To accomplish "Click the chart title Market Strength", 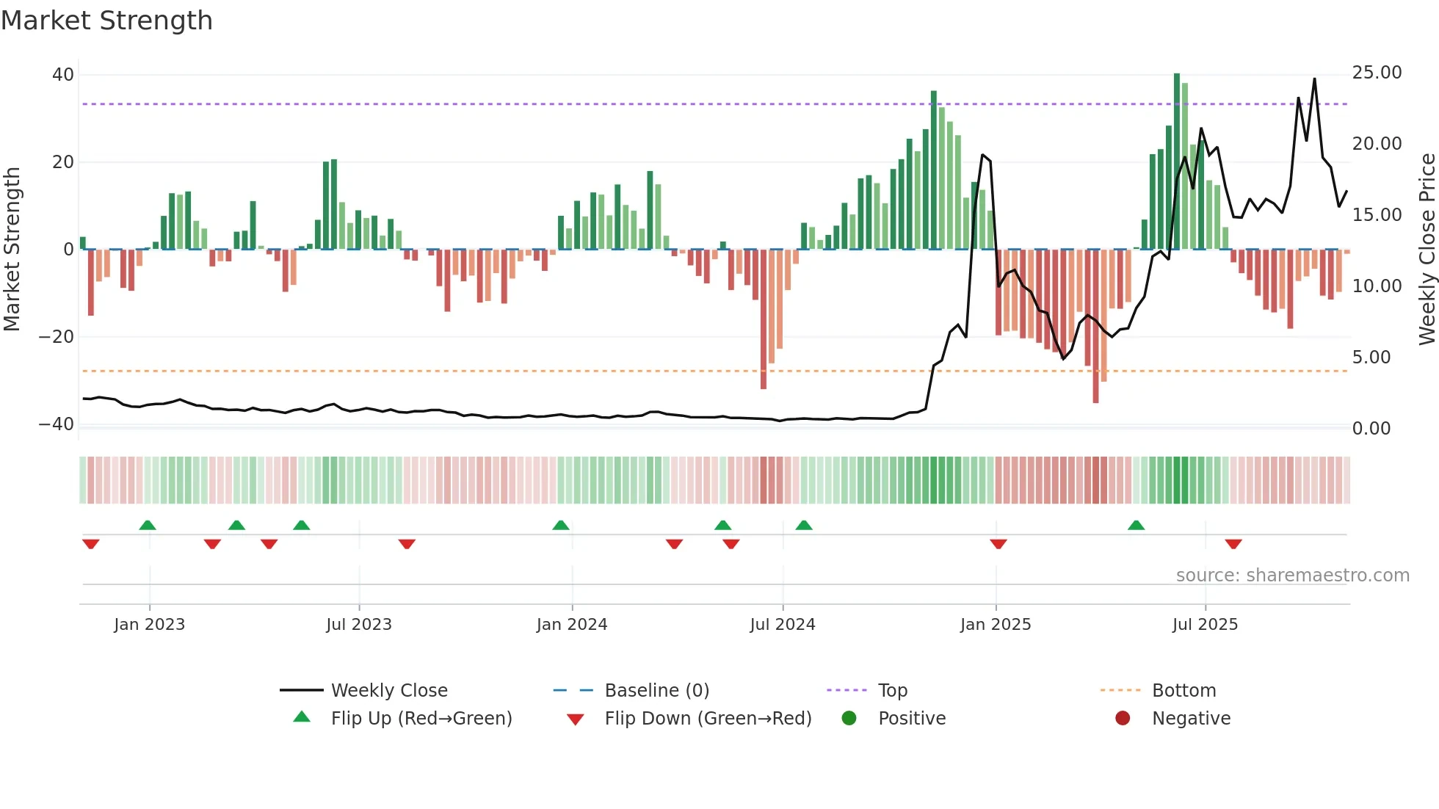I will coord(106,21).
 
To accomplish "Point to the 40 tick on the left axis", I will coord(63,75).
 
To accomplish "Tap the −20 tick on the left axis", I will coord(57,337).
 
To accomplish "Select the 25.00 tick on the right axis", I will coord(1377,73).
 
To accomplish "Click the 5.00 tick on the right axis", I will coord(1371,358).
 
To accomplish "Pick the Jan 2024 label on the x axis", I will coord(572,625).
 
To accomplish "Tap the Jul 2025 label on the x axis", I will coord(1205,625).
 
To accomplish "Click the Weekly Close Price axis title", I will coord(1427,250).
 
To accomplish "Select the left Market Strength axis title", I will coord(12,250).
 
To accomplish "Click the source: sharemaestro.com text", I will coord(1292,576).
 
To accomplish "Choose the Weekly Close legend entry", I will coord(389,691).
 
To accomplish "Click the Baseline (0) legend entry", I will coord(656,691).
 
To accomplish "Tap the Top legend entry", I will coord(893,691).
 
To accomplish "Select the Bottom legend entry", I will coord(1184,691).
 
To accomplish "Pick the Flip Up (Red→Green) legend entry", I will coord(421,719).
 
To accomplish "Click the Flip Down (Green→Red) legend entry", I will coord(708,719).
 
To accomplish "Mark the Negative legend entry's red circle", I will coord(1123,719).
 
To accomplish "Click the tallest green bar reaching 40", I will coord(1177,162).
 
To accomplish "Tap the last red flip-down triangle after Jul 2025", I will coord(1233,544).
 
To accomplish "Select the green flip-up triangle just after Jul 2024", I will coord(804,525).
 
